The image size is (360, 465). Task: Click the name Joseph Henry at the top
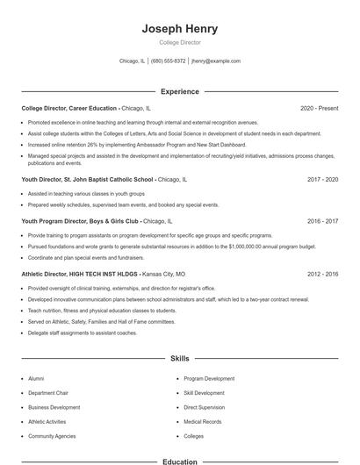180,29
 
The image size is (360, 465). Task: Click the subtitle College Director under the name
180,42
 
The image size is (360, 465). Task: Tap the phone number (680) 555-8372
168,61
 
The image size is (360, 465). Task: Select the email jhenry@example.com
216,61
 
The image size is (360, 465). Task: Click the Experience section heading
180,91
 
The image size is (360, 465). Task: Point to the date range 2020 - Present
319,108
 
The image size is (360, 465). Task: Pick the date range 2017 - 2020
322,178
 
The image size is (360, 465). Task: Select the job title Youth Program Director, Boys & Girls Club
80,221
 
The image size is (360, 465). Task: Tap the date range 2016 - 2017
322,221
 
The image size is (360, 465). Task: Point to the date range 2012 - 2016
322,274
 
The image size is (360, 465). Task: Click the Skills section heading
180,359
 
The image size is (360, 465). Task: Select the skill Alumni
36,378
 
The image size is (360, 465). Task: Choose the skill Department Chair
48,393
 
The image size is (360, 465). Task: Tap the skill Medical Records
202,422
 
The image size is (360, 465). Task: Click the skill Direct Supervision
205,407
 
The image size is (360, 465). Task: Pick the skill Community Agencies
51,436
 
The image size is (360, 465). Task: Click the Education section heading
180,461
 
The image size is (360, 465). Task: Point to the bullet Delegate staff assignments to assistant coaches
83,333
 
